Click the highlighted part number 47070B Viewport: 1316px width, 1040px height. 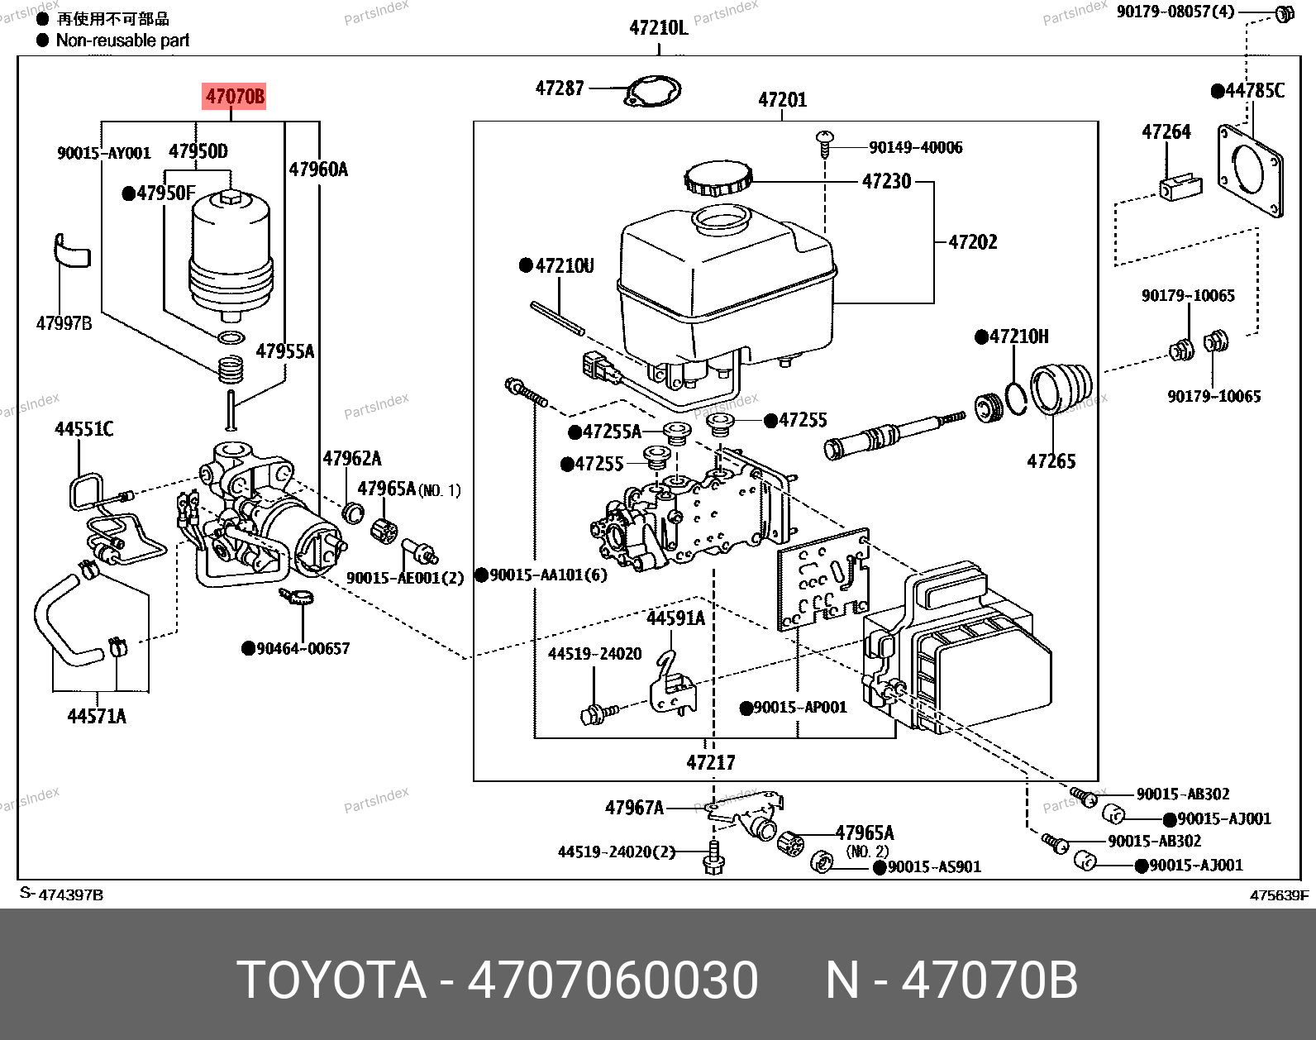(235, 97)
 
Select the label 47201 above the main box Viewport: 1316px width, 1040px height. (782, 100)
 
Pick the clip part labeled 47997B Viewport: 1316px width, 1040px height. (70, 250)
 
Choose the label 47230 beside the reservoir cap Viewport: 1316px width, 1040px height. (886, 181)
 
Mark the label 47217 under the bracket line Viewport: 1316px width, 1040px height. (710, 761)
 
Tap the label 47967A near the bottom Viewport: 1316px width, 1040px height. (634, 807)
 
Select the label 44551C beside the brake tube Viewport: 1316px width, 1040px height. (83, 428)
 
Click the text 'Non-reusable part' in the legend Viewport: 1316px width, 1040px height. (122, 40)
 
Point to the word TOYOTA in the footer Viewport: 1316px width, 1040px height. (331, 980)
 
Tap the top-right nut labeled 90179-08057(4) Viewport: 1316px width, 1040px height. (1283, 13)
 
